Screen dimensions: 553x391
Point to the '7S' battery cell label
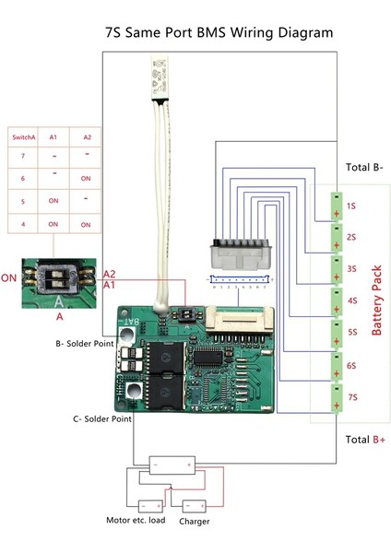coord(351,396)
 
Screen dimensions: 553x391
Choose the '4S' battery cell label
coord(351,300)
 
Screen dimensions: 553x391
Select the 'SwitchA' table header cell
coord(24,137)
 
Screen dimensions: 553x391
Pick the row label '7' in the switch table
coord(23,158)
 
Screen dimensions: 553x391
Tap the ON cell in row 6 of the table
coord(86,179)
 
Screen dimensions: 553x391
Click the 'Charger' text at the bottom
coord(195,522)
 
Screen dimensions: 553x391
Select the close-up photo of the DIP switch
coord(60,277)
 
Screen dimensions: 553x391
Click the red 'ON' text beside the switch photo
coord(10,277)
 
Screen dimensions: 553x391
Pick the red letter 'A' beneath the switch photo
coord(60,315)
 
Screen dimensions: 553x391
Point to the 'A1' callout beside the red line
coord(109,286)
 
